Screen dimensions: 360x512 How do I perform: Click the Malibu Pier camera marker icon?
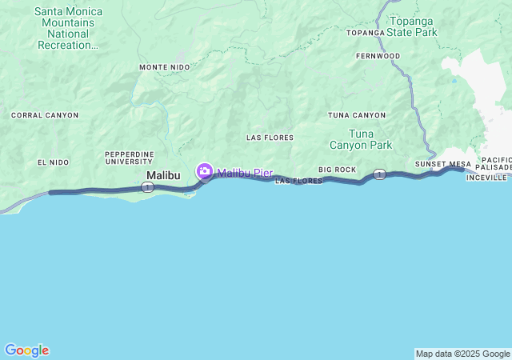coord(205,171)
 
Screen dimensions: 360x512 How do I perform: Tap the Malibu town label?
coord(163,175)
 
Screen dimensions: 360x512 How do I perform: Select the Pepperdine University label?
coord(129,158)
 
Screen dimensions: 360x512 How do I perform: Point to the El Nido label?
coord(53,162)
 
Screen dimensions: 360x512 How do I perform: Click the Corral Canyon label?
coord(45,115)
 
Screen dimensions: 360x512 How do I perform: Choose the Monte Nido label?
coord(164,67)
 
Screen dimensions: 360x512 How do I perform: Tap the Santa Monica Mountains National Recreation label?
coord(66,29)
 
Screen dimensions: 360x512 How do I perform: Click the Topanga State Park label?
coord(412,27)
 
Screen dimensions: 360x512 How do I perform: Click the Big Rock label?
coord(337,170)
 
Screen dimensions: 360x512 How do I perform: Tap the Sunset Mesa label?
coord(443,164)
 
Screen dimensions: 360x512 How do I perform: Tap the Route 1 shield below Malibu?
coord(147,186)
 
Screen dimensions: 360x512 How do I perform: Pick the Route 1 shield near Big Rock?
coord(379,174)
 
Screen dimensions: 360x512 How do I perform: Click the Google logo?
coord(26,350)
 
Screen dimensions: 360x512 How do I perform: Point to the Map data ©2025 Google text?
coord(462,354)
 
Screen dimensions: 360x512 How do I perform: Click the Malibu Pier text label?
coord(245,172)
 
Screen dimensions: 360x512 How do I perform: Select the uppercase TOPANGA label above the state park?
coord(366,33)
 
